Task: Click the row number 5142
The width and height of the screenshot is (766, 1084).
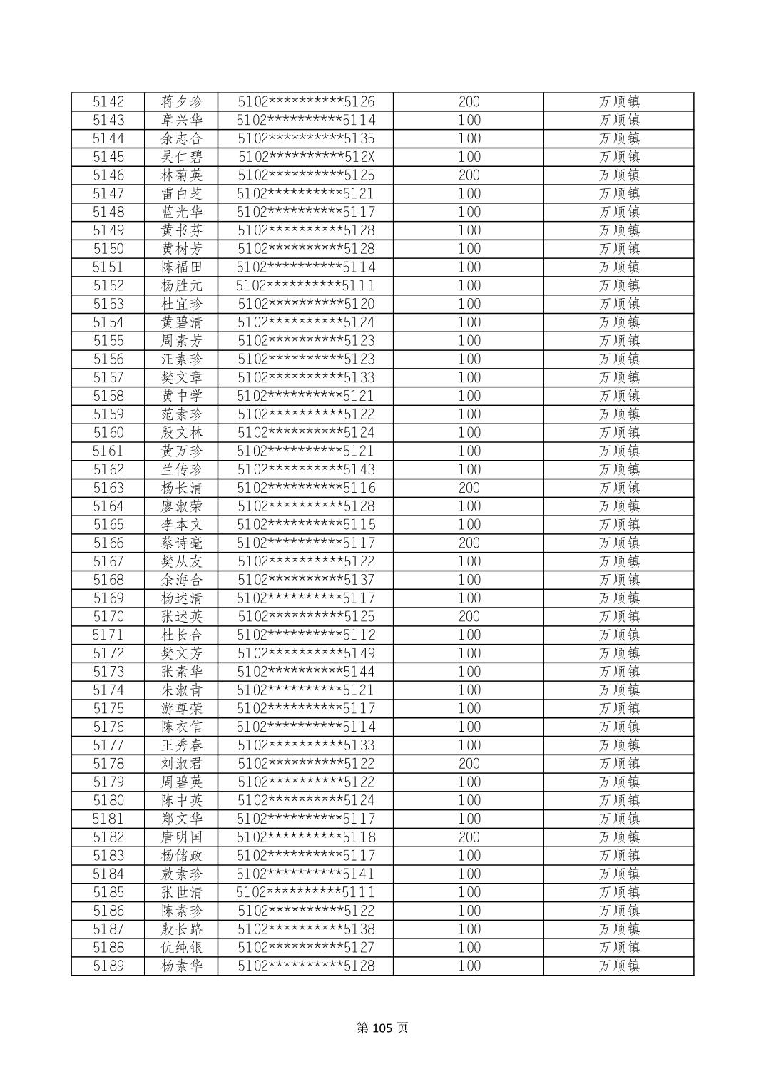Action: click(108, 102)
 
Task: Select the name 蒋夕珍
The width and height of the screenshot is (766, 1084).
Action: click(182, 102)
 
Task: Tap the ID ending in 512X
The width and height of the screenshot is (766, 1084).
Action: click(306, 157)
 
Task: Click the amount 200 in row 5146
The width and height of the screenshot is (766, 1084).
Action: click(469, 175)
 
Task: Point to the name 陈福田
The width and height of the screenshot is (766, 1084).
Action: click(182, 267)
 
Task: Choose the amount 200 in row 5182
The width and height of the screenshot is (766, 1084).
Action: click(469, 837)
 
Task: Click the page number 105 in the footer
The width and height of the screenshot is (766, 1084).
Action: click(383, 1028)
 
